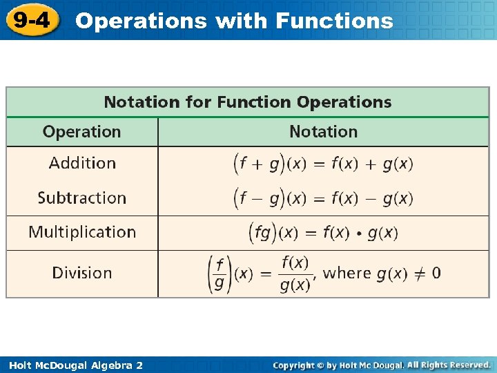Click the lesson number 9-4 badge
coord(32,20)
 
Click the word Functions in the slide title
coord(334,21)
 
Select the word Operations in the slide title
coord(141,21)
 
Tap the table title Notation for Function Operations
coord(247,102)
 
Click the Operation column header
coord(81,131)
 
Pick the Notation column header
coord(323,131)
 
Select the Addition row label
coord(82,163)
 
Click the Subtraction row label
coord(81,198)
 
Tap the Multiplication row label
coord(82,232)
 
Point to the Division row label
coord(81,273)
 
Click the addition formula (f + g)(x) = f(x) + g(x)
coord(323,164)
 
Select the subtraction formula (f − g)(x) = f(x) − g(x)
coord(323,198)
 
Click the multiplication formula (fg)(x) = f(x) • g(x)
coord(323,233)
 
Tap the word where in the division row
coord(347,273)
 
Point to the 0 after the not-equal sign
coord(436,273)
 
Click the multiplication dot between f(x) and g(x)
coord(358,233)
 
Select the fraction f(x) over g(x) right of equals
coord(295,274)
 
